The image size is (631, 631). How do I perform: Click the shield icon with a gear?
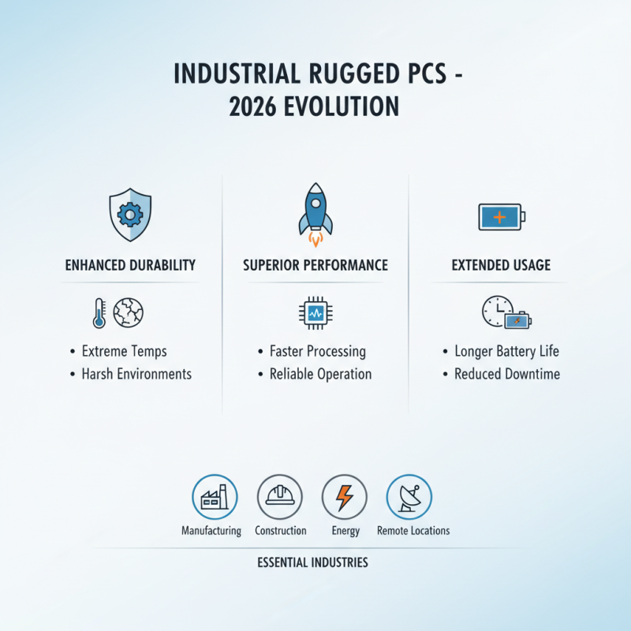coord(129,213)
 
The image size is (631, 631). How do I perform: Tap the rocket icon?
coord(315,211)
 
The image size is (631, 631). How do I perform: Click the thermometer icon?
coord(99,313)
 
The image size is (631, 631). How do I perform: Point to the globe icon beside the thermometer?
coord(128,313)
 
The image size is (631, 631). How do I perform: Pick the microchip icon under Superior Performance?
coord(315,313)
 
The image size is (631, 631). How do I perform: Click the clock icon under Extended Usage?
coord(497,312)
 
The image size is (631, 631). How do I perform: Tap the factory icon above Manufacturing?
coord(215,497)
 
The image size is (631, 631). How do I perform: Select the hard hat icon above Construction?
coord(280,497)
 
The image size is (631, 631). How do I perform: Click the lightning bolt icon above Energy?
coord(345,497)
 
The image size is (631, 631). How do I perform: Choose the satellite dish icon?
coord(409,497)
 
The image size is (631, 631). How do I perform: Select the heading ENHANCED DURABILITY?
coord(130,265)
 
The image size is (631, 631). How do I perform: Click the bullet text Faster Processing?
coord(318,351)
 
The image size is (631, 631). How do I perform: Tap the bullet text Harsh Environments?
coord(136,374)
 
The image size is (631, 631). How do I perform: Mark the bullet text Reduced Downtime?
coord(507,374)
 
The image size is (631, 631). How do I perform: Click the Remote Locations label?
coord(413,531)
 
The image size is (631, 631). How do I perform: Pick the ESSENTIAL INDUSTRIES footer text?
coord(312,563)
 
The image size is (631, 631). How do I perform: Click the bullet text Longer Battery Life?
coord(506,351)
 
